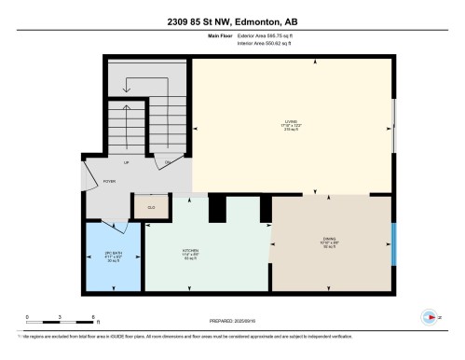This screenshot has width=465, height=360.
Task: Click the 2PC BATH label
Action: pyautogui.click(x=111, y=255)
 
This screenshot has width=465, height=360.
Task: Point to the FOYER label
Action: pyautogui.click(x=108, y=183)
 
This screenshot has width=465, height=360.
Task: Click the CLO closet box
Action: pyautogui.click(x=152, y=206)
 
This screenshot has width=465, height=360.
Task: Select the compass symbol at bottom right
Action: pyautogui.click(x=430, y=317)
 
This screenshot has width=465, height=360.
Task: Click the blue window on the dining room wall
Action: pyautogui.click(x=392, y=245)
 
